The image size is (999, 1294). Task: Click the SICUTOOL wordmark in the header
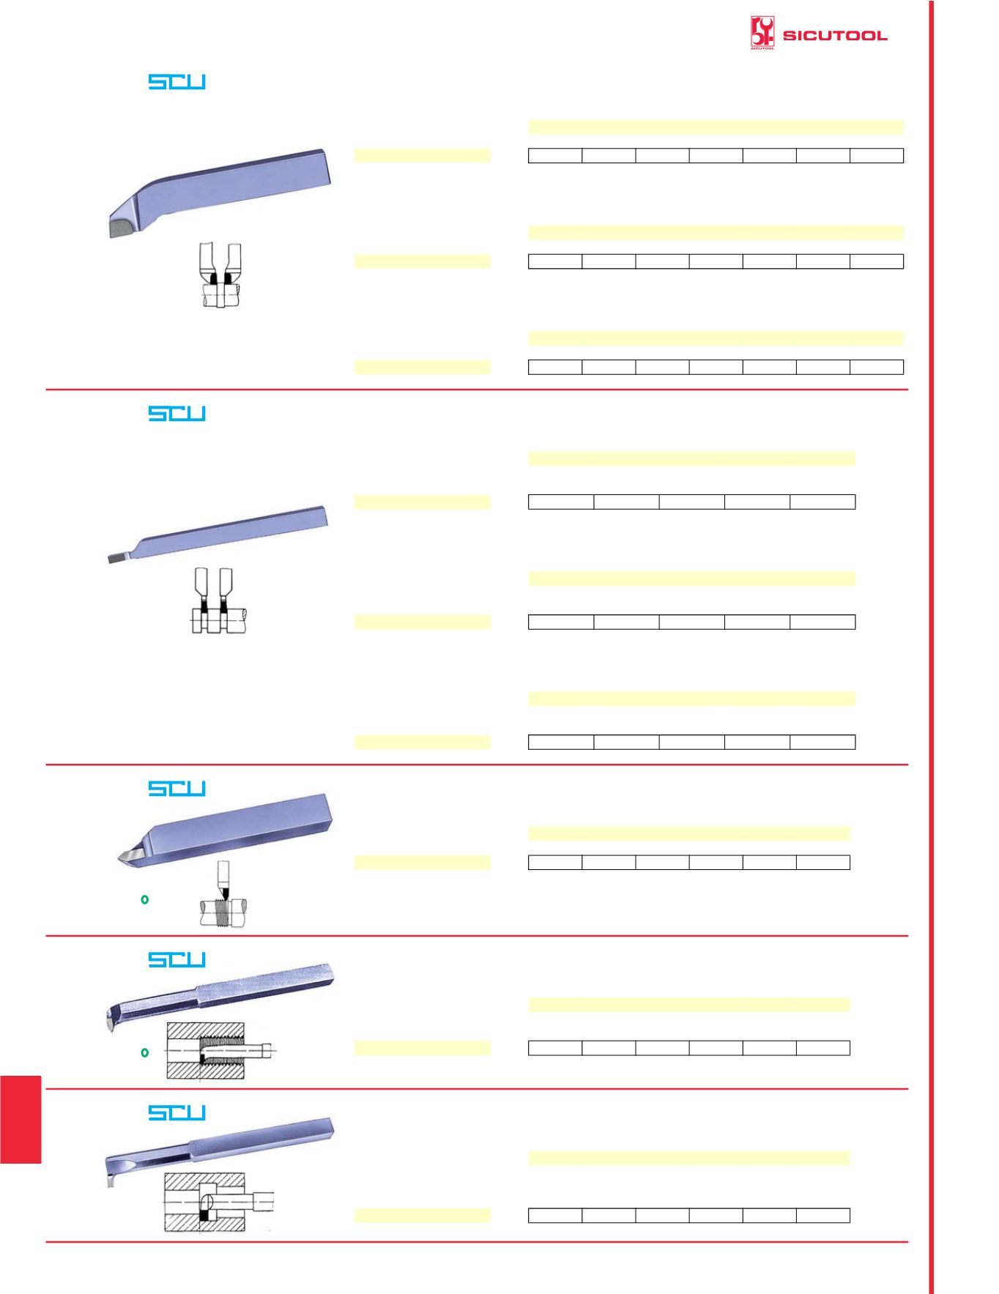point(835,35)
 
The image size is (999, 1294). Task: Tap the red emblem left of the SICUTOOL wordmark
point(762,34)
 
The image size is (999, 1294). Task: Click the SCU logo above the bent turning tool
point(177,82)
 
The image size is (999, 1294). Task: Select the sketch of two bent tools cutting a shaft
point(220,275)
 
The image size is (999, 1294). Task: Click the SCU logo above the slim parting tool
point(177,414)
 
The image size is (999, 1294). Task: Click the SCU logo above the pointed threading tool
point(177,789)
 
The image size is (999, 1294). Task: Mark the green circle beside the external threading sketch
point(144,899)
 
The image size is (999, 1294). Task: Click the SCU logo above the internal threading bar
point(177,960)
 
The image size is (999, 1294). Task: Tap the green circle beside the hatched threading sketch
point(144,1052)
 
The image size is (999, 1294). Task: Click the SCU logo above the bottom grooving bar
point(177,1113)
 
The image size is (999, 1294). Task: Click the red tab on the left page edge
point(21,1120)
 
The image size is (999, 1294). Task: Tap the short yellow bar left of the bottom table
point(423,1216)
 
